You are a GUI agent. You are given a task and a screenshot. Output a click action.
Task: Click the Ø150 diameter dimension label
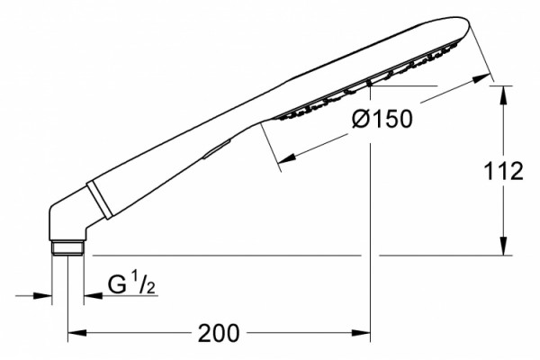(x=382, y=119)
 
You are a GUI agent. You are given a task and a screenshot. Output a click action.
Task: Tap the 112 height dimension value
(x=503, y=172)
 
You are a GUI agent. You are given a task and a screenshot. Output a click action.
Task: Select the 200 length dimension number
(x=219, y=333)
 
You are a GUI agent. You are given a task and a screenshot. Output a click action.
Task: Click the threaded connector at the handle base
(x=67, y=248)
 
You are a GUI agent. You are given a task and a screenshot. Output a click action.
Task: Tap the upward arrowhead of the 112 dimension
(x=503, y=94)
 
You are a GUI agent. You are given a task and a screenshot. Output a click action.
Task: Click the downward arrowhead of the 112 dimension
(x=503, y=246)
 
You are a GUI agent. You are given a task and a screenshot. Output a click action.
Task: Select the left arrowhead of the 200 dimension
(x=77, y=333)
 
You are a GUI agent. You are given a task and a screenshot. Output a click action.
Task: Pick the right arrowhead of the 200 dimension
(x=361, y=333)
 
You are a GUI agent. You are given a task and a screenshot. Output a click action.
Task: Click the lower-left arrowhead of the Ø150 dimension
(x=286, y=158)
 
